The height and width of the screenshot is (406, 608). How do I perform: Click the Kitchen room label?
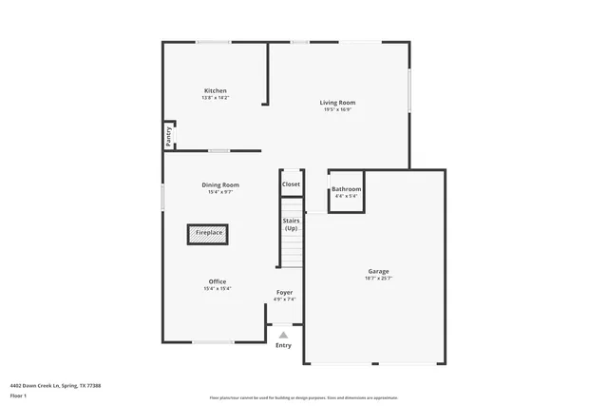[x=215, y=90]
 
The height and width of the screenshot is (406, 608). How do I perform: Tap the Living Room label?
[x=337, y=102]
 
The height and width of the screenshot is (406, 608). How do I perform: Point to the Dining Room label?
[x=219, y=184]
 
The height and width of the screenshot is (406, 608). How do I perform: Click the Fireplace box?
[x=209, y=233]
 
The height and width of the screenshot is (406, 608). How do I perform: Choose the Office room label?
[x=218, y=281]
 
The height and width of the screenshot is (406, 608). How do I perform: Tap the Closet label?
[x=291, y=184]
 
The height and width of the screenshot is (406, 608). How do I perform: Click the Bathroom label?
[x=346, y=189]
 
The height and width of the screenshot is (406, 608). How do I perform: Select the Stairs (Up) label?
[x=291, y=224]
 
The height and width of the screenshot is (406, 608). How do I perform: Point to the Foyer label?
[x=284, y=292]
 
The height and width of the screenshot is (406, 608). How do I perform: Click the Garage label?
[x=378, y=271]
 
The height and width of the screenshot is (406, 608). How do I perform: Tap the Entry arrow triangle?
[x=283, y=335]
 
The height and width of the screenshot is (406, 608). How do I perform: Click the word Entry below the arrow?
[x=283, y=345]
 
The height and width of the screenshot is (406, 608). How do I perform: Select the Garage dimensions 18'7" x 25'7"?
[x=378, y=279]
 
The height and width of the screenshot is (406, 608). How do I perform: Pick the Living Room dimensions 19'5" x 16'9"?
[x=337, y=109]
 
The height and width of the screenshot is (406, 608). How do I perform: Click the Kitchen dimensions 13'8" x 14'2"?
[x=215, y=98]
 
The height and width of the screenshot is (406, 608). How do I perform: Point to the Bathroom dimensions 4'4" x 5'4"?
[x=346, y=197]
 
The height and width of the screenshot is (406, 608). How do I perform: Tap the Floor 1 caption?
[x=18, y=395]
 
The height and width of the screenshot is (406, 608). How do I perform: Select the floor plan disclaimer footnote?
[x=303, y=396]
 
